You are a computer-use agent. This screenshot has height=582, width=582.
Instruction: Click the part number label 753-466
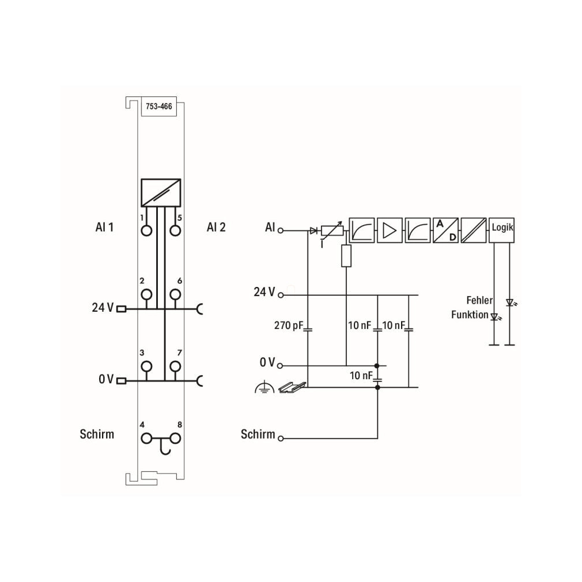159,107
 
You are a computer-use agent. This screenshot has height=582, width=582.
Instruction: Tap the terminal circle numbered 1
146,231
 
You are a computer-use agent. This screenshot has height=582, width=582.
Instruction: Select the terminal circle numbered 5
175,231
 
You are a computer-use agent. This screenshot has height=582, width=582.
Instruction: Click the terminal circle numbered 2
146,294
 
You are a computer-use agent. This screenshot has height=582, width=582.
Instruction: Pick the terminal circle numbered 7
175,366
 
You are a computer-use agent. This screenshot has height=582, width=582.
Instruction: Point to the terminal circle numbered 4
146,439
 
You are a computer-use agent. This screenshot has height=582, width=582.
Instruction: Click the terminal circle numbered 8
175,439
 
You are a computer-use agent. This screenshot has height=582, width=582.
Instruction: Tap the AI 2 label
216,227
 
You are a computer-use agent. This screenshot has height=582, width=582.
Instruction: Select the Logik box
501,230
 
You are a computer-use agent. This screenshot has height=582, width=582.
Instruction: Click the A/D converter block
445,230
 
